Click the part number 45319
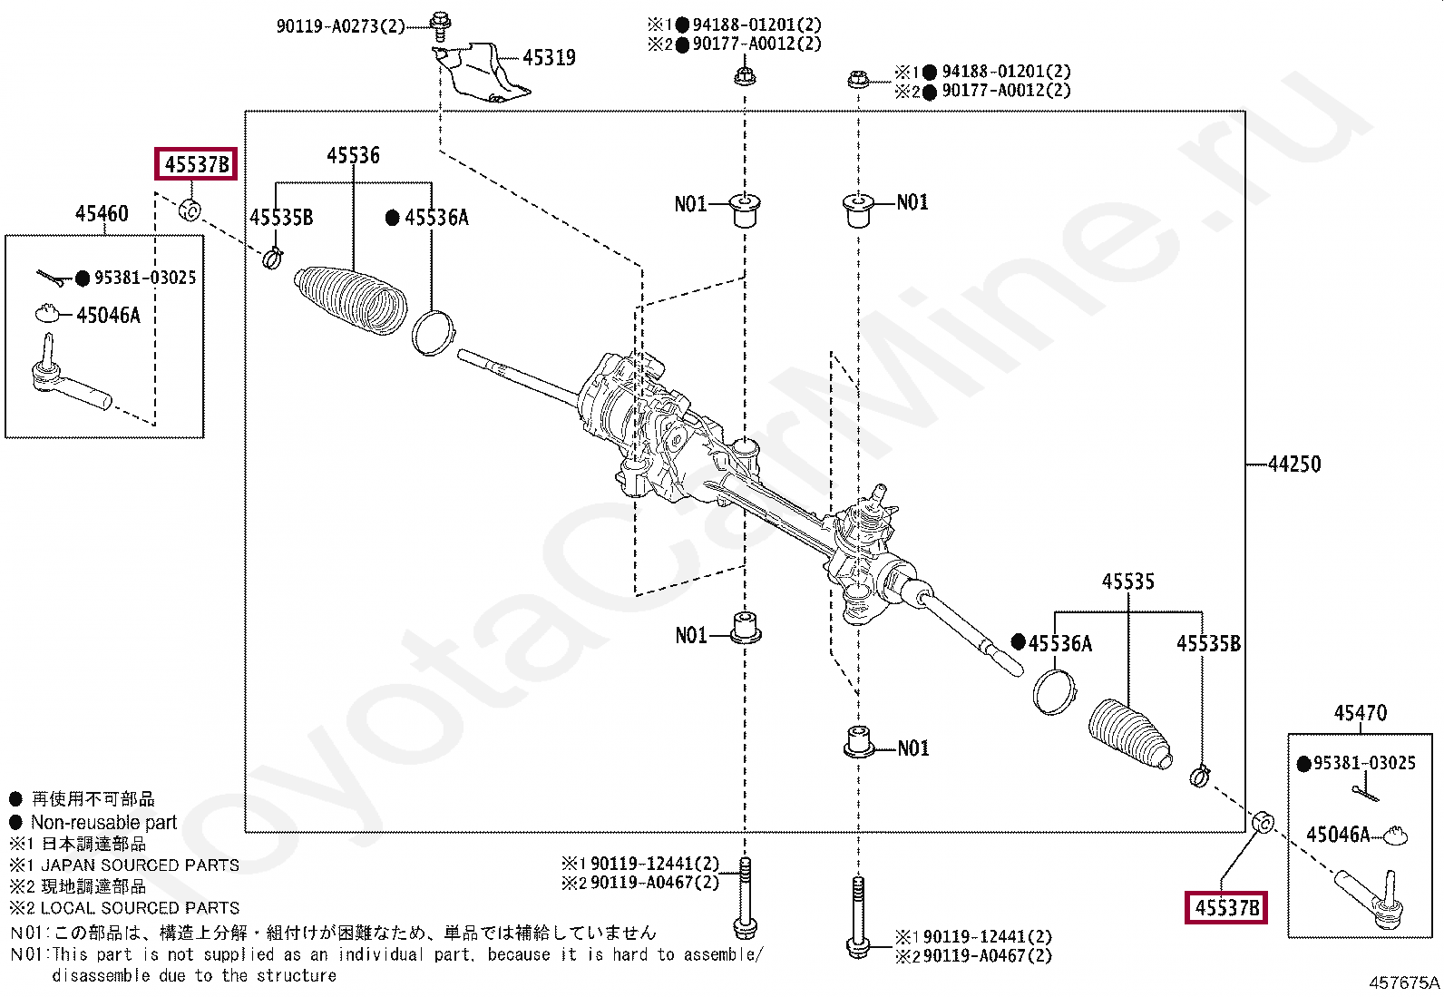point(549,58)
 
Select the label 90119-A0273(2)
point(340,26)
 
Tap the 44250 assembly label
point(1294,464)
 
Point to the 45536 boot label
point(353,155)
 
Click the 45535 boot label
point(1127,582)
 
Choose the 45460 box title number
point(102,214)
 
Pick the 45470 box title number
point(1360,713)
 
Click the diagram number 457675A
point(1404,982)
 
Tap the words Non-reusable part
point(103,823)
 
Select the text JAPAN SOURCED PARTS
point(140,865)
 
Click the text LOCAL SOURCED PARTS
point(140,907)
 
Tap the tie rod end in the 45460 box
point(68,382)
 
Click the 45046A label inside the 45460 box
point(109,316)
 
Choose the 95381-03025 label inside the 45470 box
point(1364,763)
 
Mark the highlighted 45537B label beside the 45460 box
point(196,164)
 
